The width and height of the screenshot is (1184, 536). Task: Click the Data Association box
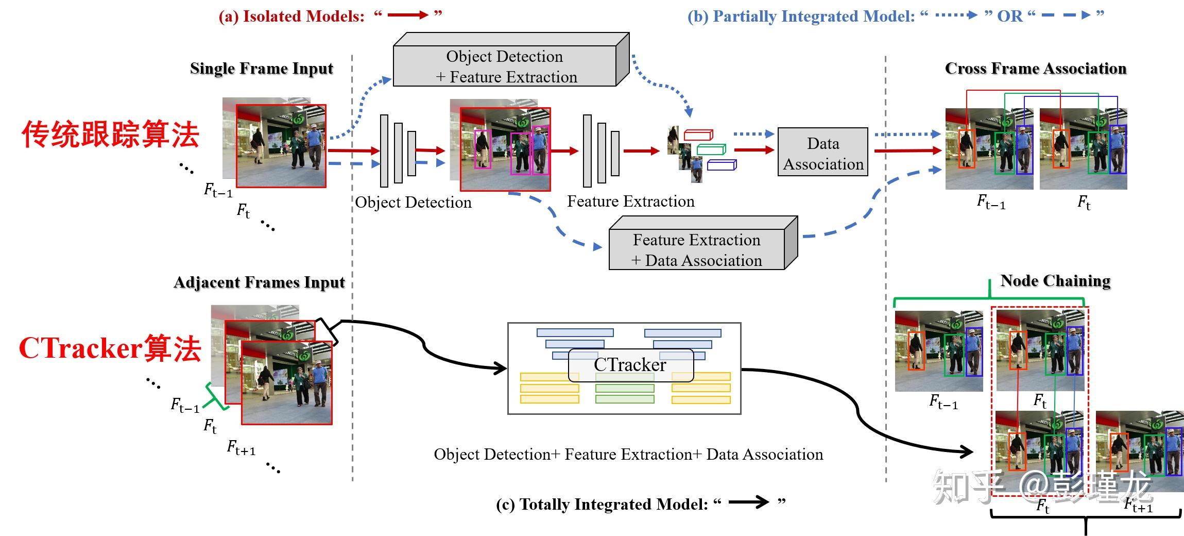click(x=822, y=153)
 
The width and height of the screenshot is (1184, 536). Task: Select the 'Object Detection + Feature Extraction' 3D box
click(x=505, y=66)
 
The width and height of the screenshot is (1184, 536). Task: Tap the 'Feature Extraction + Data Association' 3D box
click(x=697, y=249)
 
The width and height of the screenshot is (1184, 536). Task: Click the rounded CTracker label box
click(x=630, y=365)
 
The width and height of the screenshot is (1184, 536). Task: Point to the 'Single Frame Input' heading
click(x=261, y=69)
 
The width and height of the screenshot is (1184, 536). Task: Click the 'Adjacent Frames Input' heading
click(x=259, y=282)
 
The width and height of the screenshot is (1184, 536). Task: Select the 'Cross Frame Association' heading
click(x=1035, y=69)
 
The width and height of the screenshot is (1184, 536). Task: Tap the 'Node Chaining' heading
click(x=1055, y=281)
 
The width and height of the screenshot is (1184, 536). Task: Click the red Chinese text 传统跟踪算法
click(x=110, y=135)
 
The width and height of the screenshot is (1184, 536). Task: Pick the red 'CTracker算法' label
click(x=110, y=348)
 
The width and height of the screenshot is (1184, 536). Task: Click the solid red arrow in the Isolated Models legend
click(x=407, y=15)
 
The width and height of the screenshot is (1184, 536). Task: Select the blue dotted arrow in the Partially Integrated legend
click(x=956, y=15)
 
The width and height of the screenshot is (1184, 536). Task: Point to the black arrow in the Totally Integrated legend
click(x=748, y=502)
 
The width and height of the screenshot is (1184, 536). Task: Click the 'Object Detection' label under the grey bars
click(x=413, y=202)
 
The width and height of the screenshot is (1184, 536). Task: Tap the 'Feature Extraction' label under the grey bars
click(x=630, y=201)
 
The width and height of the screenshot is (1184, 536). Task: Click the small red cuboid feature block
click(x=698, y=135)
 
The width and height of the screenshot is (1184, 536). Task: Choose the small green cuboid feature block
click(x=711, y=149)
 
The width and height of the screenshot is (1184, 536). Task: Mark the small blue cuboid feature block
click(x=722, y=165)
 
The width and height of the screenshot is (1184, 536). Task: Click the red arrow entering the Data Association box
click(x=754, y=150)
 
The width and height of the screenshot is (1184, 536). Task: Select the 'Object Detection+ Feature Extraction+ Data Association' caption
click(x=628, y=454)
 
